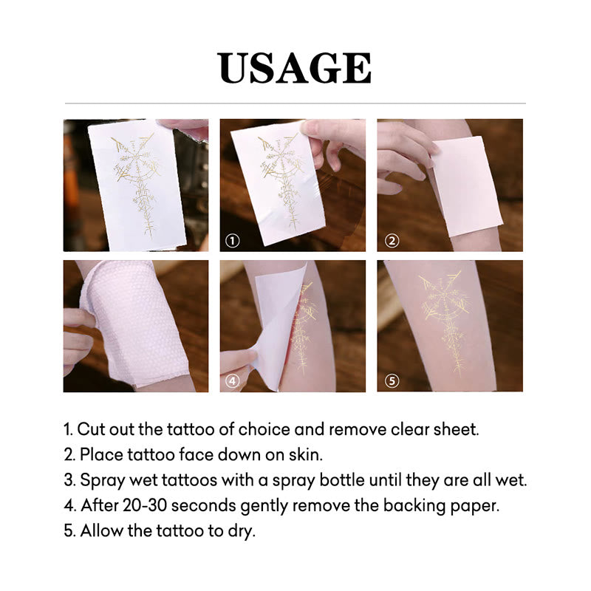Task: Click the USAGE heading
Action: point(295,68)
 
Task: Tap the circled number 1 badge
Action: point(232,242)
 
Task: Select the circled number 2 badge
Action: point(392,241)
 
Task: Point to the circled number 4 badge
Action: point(232,381)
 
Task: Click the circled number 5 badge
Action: point(392,381)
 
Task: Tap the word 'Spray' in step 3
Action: point(100,480)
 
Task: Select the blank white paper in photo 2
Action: point(465,185)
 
